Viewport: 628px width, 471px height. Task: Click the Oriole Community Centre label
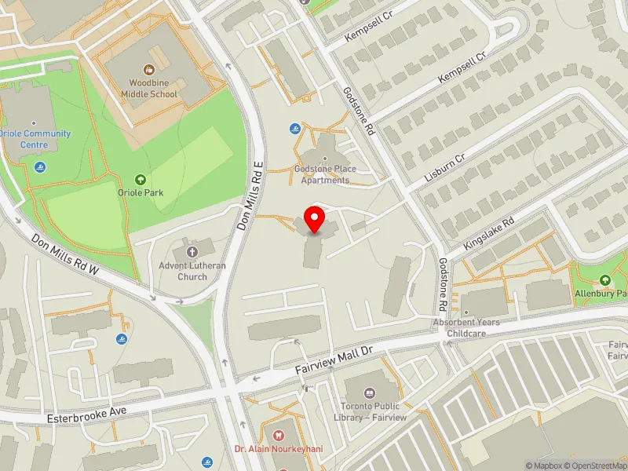[x=35, y=139]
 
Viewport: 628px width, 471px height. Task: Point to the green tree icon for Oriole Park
[x=141, y=180]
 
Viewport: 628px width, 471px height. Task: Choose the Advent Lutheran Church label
[x=192, y=271]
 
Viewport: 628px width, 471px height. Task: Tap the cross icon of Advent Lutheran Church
[x=192, y=252]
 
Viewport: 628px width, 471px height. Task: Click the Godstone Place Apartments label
[x=324, y=174]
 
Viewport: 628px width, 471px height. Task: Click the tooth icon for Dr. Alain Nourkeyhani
[x=276, y=434]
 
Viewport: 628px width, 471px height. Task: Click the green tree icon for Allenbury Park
[x=604, y=280]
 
